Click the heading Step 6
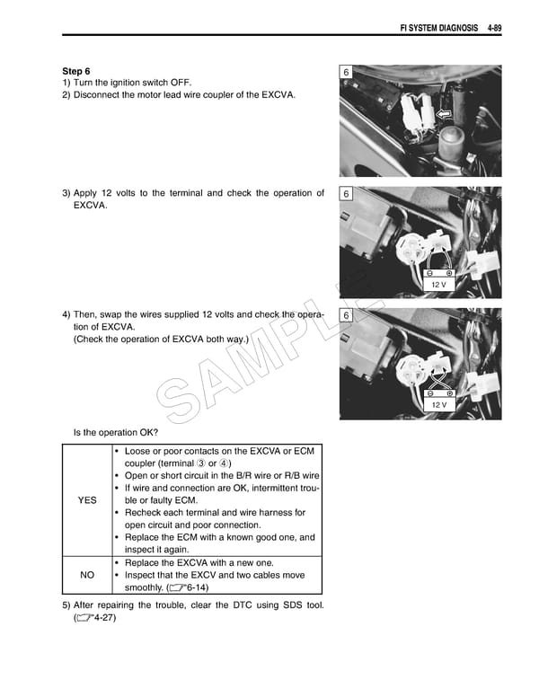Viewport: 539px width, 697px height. coord(76,70)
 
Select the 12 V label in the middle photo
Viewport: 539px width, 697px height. coord(438,284)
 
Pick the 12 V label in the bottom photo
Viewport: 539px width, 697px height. coord(438,405)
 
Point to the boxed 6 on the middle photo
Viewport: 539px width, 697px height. coord(347,195)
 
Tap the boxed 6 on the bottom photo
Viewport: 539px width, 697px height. coord(347,316)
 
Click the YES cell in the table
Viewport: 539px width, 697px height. coord(87,500)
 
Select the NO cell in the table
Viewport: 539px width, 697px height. coord(87,576)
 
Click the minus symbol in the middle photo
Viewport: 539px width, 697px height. coord(430,272)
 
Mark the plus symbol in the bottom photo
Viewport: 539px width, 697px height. coord(448,393)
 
